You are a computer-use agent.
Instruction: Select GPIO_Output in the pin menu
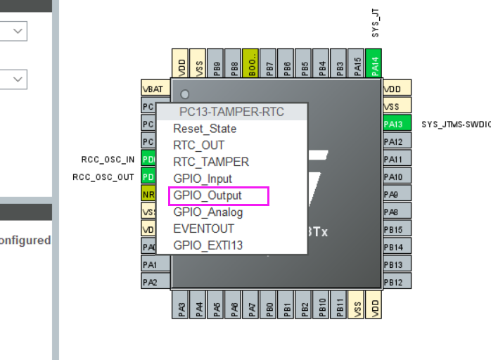coord(208,195)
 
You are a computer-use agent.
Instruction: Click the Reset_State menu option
coord(205,129)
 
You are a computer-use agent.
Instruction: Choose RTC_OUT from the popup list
coord(199,146)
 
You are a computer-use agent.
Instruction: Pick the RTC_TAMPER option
coord(211,162)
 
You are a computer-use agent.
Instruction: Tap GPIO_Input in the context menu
coord(203,179)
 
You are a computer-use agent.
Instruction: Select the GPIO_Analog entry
coord(208,212)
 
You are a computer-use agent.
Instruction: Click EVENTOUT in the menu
coord(204,229)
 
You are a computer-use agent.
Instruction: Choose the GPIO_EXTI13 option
coord(208,245)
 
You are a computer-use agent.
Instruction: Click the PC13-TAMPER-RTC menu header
coord(231,112)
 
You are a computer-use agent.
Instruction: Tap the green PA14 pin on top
coord(374,65)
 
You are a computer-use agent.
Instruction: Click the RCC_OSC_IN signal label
coord(108,160)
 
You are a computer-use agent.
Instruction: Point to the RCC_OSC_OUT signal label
coord(103,177)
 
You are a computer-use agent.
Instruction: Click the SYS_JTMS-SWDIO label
coord(455,124)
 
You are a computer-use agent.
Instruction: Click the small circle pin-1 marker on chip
coord(185,94)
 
